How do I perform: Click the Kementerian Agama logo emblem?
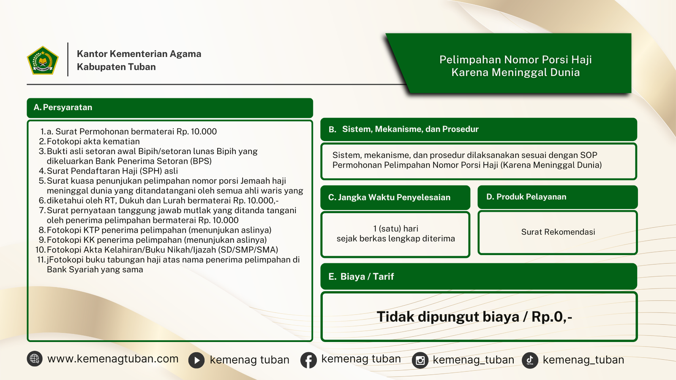pyautogui.click(x=43, y=60)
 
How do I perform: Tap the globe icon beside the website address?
pyautogui.click(x=35, y=359)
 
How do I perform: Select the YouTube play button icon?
pyautogui.click(x=196, y=360)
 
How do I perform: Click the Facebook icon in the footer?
pyautogui.click(x=308, y=360)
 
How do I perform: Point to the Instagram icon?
pyautogui.click(x=420, y=360)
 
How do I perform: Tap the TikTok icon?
pyautogui.click(x=530, y=360)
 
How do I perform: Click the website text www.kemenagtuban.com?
pyautogui.click(x=113, y=359)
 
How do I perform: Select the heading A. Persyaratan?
pyautogui.click(x=63, y=108)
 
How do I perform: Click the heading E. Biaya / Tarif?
pyautogui.click(x=361, y=277)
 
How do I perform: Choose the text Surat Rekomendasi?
pyautogui.click(x=558, y=232)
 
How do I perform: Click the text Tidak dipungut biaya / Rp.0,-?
pyautogui.click(x=474, y=317)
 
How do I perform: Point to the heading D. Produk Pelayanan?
pyautogui.click(x=526, y=197)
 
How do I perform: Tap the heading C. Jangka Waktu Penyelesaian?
pyautogui.click(x=389, y=197)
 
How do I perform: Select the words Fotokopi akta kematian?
pyautogui.click(x=93, y=141)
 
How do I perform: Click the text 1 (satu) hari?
pyautogui.click(x=395, y=229)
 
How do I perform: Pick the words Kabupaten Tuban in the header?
pyautogui.click(x=116, y=67)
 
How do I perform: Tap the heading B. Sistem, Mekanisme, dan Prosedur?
pyautogui.click(x=403, y=129)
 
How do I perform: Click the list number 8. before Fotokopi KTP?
pyautogui.click(x=42, y=230)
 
